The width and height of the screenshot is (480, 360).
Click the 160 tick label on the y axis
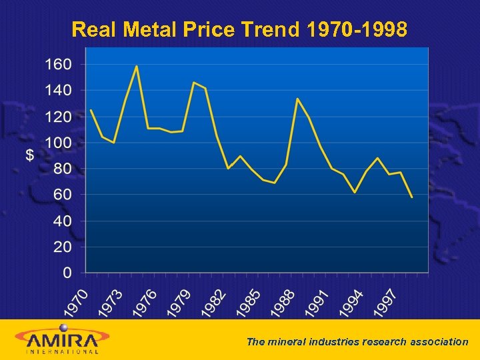[57, 65]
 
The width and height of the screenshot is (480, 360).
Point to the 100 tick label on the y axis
[57, 143]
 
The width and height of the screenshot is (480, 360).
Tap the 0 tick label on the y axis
[67, 273]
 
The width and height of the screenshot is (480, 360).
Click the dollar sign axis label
[30, 155]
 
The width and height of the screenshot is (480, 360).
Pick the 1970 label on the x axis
[76, 302]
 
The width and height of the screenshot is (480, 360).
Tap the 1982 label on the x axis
[214, 302]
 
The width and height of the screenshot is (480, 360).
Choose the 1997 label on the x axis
[386, 302]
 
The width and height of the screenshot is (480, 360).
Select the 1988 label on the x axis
[283, 302]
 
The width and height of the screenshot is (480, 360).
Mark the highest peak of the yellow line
[137, 66]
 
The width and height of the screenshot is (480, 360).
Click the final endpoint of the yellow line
[412, 197]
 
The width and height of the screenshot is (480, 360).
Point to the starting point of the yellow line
[91, 110]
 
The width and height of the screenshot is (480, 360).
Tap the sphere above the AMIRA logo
[64, 327]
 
